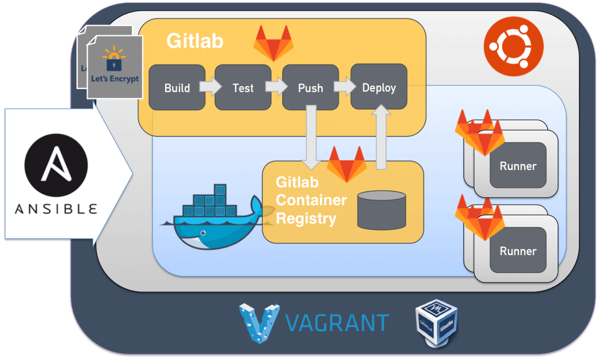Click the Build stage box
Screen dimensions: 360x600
tap(177, 87)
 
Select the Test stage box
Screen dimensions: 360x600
tap(243, 87)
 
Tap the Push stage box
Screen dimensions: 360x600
tap(310, 87)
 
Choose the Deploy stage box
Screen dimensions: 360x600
tap(379, 87)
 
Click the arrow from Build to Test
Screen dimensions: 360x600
tap(210, 86)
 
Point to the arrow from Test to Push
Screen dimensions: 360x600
tap(276, 86)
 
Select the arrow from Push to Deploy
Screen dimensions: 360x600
tap(345, 86)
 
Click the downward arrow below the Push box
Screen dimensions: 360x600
tap(311, 137)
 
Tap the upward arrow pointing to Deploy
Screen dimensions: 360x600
tap(381, 137)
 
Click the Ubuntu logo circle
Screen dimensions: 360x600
tap(513, 47)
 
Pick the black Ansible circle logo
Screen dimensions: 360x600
tap(56, 165)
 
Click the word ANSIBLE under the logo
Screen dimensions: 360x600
tap(56, 209)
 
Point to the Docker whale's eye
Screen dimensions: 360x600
tap(203, 233)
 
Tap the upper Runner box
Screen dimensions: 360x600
tap(518, 165)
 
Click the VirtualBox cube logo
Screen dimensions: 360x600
tap(437, 323)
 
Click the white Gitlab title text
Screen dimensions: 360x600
tap(195, 41)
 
